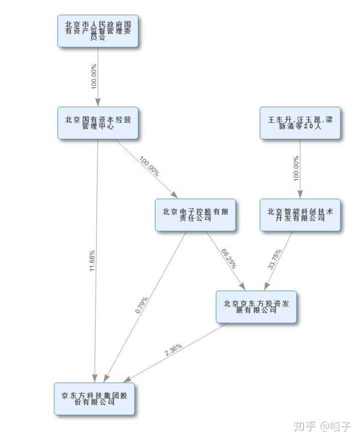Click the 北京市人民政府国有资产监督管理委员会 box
pyautogui.click(x=97, y=31)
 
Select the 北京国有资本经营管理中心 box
pyautogui.click(x=97, y=123)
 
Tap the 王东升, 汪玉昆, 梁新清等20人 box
pyautogui.click(x=300, y=123)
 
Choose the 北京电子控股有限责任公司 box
pyautogui.click(x=195, y=215)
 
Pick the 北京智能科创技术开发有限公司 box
pyautogui.click(x=300, y=215)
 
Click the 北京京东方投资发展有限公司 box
pyautogui.click(x=256, y=306)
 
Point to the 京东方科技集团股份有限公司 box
pyautogui.click(x=94, y=398)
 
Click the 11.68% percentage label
pyautogui.click(x=92, y=260)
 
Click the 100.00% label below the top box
pyautogui.click(x=94, y=76)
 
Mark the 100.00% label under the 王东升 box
pyautogui.click(x=296, y=168)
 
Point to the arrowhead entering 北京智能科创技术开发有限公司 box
pyautogui.click(x=300, y=195)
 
